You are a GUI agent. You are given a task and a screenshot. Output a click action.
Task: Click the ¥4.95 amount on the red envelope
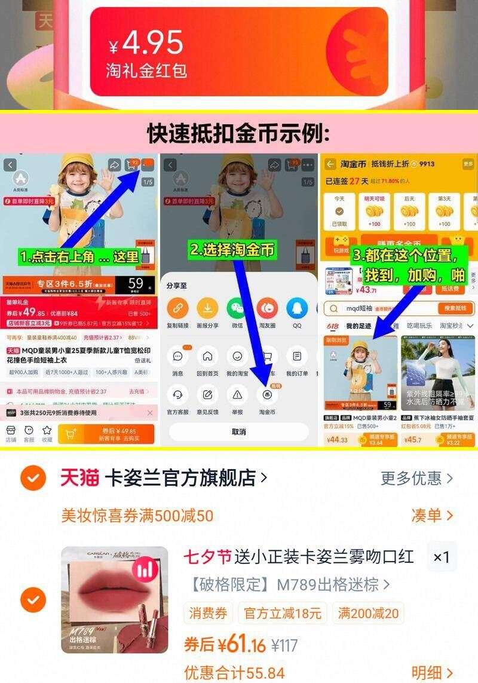coord(146,43)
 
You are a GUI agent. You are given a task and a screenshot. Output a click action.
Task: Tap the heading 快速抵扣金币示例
coord(238,133)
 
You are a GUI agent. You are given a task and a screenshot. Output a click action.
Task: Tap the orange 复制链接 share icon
coord(177,309)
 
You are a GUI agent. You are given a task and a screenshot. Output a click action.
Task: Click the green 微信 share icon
coord(237,309)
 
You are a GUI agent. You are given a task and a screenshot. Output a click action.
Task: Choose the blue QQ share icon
coord(297,309)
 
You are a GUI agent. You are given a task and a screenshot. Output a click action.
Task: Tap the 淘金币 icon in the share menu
coord(267,394)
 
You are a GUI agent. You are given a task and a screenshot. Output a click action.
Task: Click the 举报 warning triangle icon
coord(237,394)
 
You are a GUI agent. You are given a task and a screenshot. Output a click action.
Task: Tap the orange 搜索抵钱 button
coord(455,308)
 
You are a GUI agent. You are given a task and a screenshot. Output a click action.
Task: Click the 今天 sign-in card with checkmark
coord(339,212)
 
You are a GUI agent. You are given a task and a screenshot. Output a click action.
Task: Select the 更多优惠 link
coord(416,478)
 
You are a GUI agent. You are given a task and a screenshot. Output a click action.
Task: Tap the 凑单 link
coord(432,515)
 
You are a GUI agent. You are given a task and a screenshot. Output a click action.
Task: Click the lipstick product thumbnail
coord(115,600)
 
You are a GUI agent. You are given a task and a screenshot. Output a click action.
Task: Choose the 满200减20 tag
coord(369,613)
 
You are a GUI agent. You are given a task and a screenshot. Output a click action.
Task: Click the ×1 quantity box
coord(441,557)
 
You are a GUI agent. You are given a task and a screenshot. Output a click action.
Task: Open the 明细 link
coord(432,673)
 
